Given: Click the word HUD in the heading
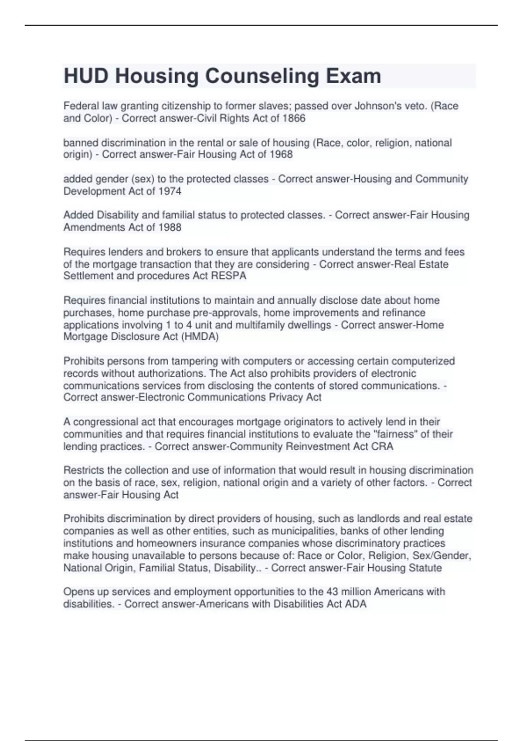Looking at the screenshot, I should [86, 76].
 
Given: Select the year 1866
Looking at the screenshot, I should [294, 118].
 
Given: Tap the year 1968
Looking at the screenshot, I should [281, 154].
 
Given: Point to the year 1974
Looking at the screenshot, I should [170, 191].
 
